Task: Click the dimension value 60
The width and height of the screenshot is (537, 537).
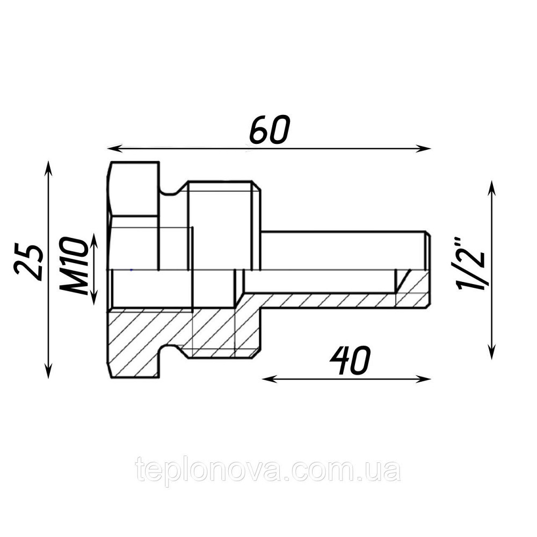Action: tap(270, 129)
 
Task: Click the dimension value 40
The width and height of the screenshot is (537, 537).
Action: tap(350, 361)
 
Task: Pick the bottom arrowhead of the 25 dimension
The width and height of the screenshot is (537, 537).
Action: tap(48, 371)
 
